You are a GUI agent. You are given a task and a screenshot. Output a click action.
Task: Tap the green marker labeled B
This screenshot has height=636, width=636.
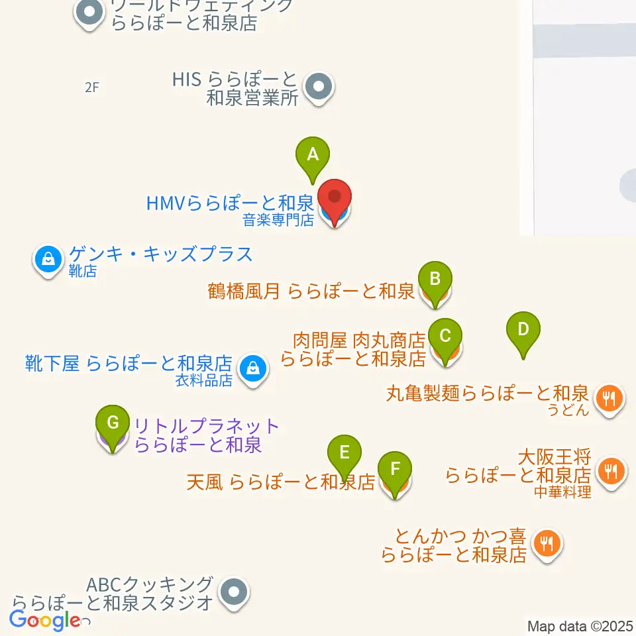[x=435, y=279]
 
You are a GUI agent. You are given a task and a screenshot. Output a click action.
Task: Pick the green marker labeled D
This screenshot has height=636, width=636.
[x=523, y=329]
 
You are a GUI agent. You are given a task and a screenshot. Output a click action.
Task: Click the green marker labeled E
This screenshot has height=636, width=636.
[x=344, y=453]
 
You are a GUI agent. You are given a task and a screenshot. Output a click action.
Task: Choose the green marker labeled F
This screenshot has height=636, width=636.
[x=395, y=470]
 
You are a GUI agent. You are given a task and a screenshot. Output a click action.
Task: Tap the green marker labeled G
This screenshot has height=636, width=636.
[x=113, y=422]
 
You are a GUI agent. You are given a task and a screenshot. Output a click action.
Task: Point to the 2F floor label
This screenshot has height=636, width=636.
[x=91, y=87]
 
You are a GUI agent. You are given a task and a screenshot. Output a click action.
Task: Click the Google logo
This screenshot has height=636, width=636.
[x=46, y=621]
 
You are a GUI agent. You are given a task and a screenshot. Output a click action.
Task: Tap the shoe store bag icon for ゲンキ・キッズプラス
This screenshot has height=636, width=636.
[x=48, y=259]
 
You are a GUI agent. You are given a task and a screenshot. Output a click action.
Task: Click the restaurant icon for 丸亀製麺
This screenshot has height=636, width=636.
[x=608, y=398]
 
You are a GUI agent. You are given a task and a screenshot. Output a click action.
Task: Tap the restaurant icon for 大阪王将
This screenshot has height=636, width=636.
[x=608, y=471]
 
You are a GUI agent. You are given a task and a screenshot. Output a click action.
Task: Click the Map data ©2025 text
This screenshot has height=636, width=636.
[x=580, y=626]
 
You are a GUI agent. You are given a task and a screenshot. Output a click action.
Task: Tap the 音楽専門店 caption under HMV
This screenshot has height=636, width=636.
[x=278, y=220]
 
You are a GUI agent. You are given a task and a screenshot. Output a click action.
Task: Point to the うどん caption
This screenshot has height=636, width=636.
[x=568, y=409]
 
